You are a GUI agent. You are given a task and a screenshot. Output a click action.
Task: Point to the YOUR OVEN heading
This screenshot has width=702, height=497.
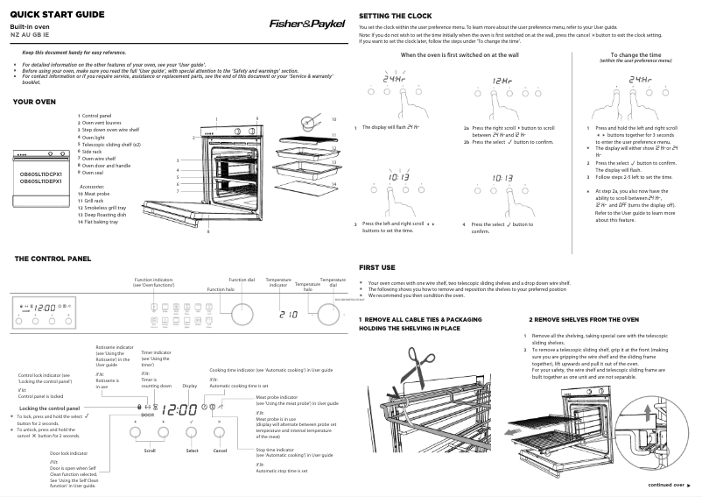click(x=34, y=102)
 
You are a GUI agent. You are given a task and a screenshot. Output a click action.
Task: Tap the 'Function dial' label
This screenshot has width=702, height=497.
click(x=242, y=280)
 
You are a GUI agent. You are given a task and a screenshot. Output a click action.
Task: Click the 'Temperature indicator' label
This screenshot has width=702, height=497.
click(x=278, y=282)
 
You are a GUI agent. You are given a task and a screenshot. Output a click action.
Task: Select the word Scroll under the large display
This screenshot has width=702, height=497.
click(x=150, y=451)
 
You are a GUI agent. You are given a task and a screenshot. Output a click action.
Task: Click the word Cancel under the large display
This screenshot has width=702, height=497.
click(x=221, y=451)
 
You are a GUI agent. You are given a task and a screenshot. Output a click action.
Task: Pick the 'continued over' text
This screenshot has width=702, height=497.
click(x=666, y=485)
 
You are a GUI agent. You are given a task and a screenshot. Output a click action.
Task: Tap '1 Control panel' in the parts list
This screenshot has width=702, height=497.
click(x=101, y=115)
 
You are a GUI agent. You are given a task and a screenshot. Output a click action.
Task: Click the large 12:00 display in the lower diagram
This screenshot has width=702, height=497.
click(x=180, y=409)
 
